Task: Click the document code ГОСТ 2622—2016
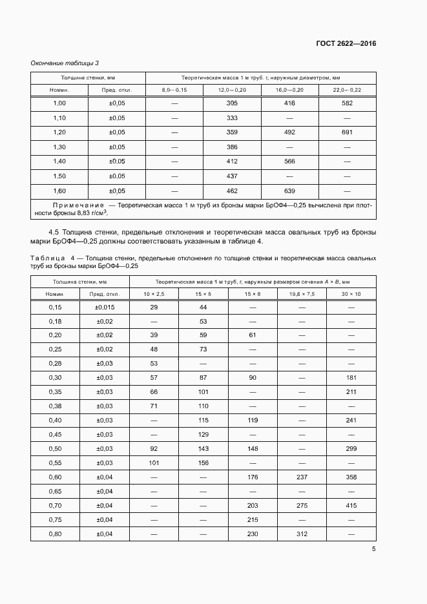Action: click(x=346, y=43)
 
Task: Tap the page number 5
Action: click(x=373, y=549)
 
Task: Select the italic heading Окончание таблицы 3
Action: click(x=65, y=63)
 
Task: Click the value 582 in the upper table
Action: click(x=347, y=103)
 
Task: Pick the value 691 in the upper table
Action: click(x=347, y=132)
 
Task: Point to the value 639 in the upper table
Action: click(x=289, y=191)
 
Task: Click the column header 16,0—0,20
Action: click(x=289, y=90)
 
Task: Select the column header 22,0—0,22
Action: click(x=347, y=90)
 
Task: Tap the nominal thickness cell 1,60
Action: click(x=59, y=191)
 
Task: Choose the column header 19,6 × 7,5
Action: click(x=302, y=294)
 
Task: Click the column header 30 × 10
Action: click(x=351, y=294)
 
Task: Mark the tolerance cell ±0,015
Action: click(x=105, y=307)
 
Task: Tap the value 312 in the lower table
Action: click(x=302, y=534)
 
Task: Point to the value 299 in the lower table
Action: click(x=351, y=449)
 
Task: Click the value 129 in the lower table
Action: click(x=203, y=435)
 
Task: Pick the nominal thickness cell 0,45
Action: click(x=55, y=435)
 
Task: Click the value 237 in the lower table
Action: click(x=302, y=477)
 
